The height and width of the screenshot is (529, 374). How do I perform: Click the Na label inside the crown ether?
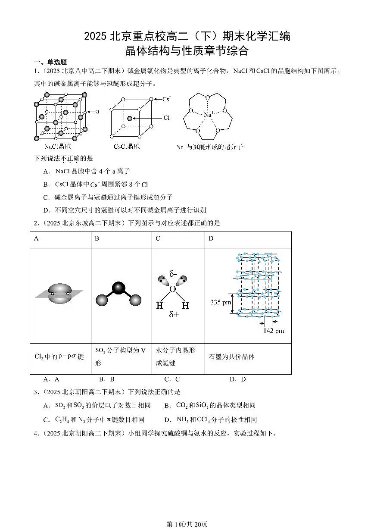coord(208,115)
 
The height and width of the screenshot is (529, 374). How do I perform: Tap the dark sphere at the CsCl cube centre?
coord(129,118)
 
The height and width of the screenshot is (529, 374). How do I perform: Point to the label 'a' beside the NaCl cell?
coord(97,111)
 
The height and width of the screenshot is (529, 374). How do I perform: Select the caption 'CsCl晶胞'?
coord(127,147)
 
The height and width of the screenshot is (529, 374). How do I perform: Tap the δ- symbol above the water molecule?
coord(173,274)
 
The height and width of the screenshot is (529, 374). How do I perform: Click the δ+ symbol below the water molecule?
coord(174,315)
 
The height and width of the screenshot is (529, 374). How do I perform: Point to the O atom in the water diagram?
coord(172,289)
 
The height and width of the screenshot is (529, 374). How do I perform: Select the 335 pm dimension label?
coord(221,302)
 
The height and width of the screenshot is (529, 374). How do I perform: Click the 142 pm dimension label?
coord(274,331)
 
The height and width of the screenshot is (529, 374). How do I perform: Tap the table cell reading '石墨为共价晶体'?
coord(231,357)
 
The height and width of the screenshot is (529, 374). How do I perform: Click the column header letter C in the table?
coord(158,238)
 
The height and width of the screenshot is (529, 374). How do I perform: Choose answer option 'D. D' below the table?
coord(237,379)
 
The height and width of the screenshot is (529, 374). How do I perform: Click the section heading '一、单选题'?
coord(50,62)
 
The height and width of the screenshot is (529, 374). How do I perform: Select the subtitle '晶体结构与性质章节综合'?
coord(187,51)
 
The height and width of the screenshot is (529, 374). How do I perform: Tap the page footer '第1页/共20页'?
coord(187,524)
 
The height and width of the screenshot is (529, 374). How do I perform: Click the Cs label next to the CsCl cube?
coord(166,99)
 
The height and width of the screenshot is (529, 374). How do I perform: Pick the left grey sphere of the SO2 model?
coord(101,300)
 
